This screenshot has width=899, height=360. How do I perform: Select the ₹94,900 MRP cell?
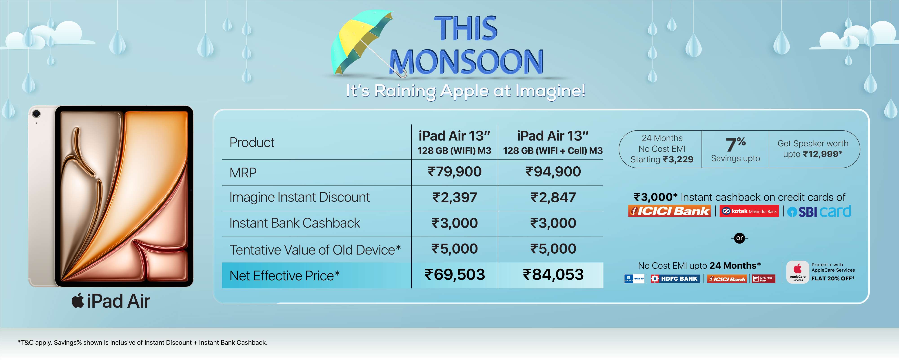(553, 172)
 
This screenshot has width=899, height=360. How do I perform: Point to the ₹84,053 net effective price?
(553, 275)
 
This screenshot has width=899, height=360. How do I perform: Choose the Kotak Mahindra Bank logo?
(749, 211)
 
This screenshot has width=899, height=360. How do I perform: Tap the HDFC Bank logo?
(675, 279)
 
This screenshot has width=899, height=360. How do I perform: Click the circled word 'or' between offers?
(739, 238)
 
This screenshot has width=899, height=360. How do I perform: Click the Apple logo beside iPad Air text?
(78, 301)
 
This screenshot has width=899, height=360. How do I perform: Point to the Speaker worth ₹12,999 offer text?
(813, 149)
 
